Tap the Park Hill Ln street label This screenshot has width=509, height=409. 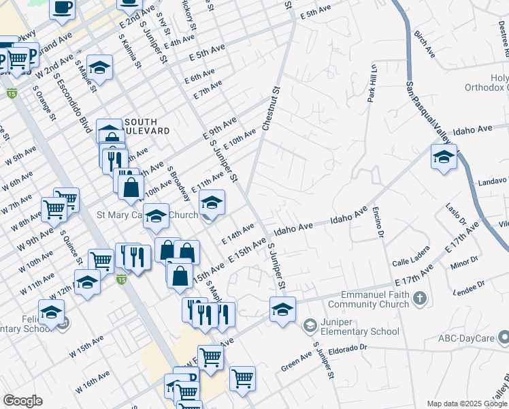372,82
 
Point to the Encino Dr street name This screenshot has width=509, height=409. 376,224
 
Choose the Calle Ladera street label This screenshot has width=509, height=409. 410,256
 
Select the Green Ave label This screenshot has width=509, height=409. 297,363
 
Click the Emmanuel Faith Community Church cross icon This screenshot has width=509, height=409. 421,298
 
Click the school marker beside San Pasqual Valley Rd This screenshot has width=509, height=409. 443,159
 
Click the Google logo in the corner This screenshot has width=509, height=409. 22,401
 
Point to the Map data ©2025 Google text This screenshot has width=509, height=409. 466,403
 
